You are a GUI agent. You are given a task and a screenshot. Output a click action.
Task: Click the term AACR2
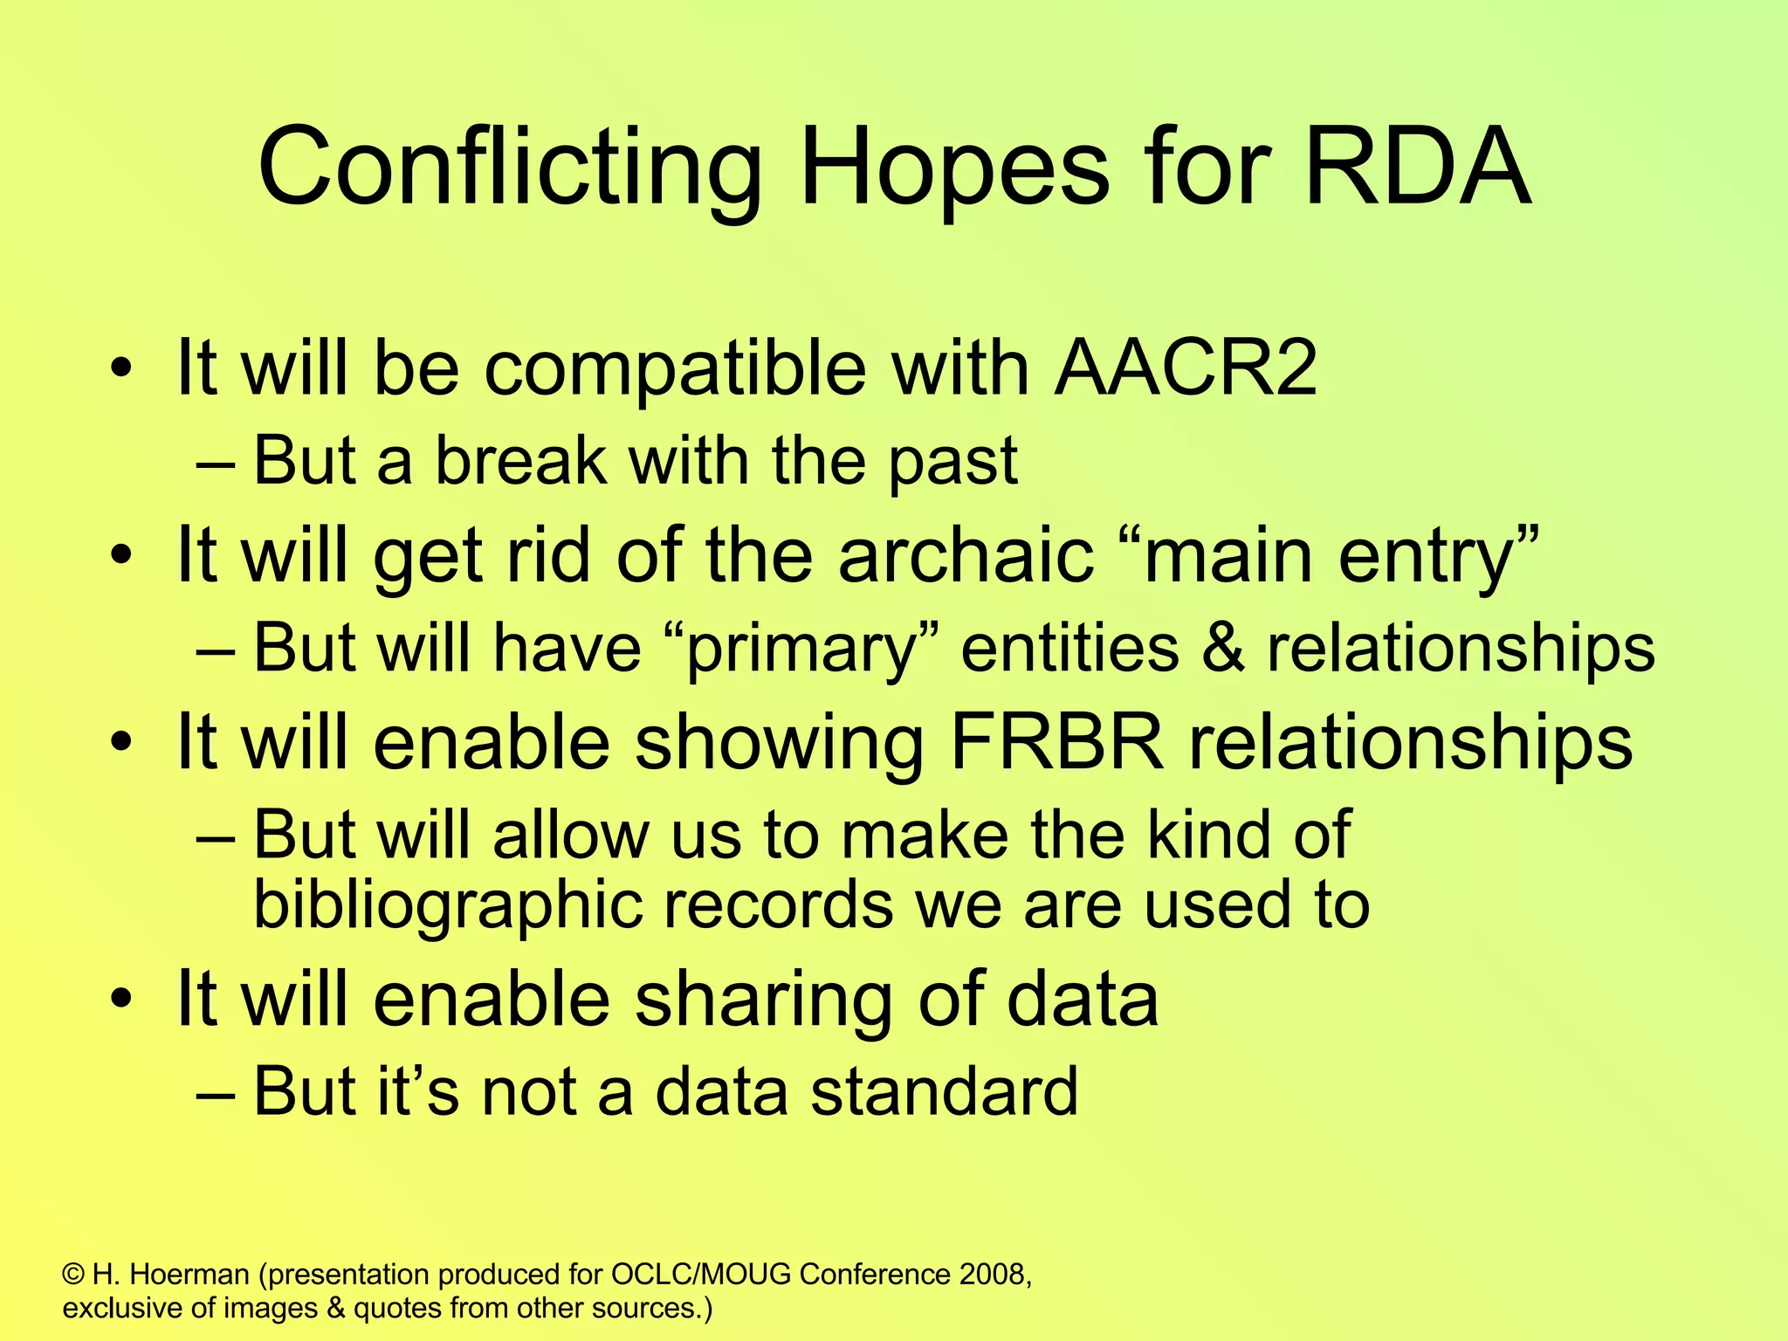1185,368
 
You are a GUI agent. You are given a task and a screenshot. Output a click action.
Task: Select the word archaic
966,555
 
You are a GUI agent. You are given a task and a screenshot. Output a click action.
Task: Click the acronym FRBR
1056,742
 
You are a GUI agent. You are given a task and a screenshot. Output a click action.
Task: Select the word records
779,905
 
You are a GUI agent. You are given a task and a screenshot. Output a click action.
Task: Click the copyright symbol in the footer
73,1276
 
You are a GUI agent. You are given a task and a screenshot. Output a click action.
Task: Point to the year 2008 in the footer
994,1276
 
